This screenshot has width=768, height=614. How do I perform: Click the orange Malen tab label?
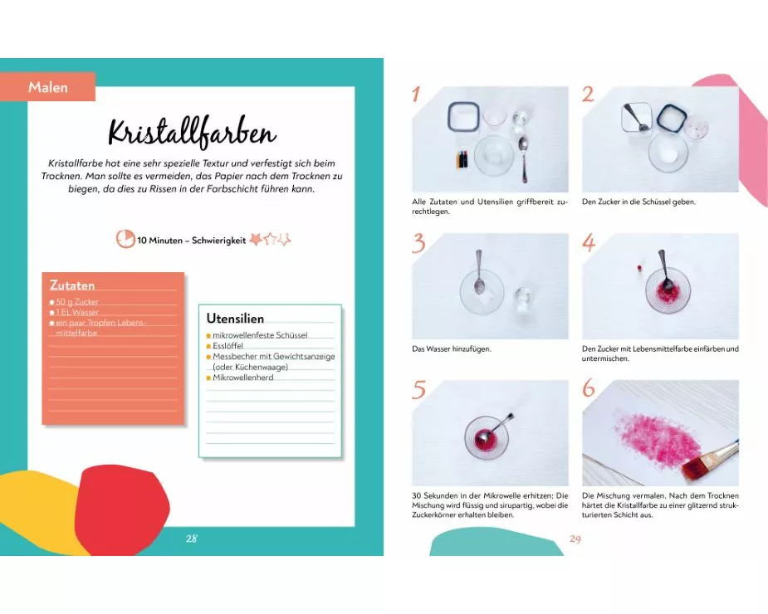point(47,86)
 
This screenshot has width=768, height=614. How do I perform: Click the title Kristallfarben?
point(192,132)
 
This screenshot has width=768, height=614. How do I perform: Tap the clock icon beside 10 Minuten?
point(125,239)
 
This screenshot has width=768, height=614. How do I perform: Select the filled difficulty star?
point(256,239)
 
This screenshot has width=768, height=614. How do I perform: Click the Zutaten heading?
point(72,285)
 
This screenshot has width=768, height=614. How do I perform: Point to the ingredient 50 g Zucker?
point(77,302)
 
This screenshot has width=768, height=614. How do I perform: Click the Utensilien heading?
point(235,319)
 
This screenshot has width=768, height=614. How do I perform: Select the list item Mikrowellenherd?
point(243,378)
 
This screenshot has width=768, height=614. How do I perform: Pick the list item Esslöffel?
point(227,346)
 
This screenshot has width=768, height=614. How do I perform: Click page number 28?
point(192,538)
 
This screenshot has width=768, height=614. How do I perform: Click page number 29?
point(575,539)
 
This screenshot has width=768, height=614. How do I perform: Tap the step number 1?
point(416,94)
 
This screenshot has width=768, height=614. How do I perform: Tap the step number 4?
point(589,242)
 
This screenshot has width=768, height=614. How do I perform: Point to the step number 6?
point(588,387)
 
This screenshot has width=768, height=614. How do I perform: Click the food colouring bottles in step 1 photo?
point(462,158)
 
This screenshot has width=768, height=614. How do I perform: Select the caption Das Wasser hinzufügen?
point(451,349)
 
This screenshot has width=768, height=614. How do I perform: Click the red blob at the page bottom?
point(122,509)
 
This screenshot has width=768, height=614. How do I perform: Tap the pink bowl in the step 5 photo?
point(486,436)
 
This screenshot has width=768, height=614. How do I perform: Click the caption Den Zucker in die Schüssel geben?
point(638,202)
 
